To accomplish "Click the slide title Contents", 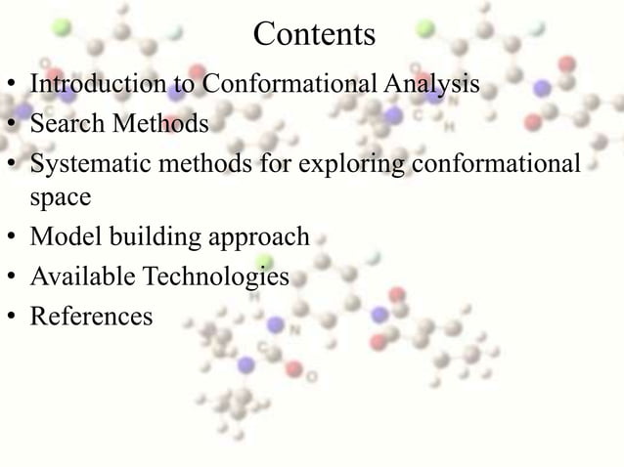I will (313, 34).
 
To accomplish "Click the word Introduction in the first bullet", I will (98, 84).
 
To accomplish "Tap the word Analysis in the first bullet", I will (431, 84).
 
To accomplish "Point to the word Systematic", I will (86, 161).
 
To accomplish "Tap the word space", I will (60, 197).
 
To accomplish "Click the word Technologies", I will (216, 277).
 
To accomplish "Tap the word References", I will (91, 317).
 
